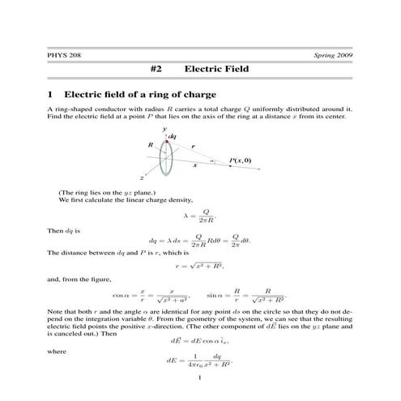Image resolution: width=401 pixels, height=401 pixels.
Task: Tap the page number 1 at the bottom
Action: (x=199, y=378)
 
